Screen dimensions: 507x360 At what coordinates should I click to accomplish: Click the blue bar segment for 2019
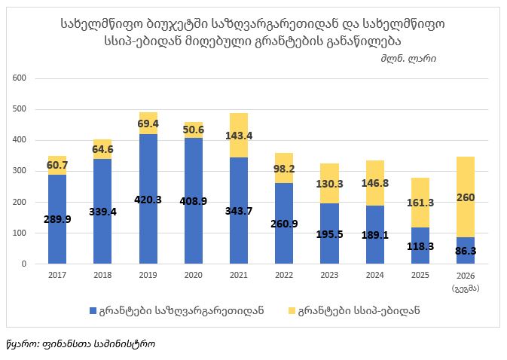(148, 199)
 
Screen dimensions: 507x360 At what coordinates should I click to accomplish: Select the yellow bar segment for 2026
(466, 197)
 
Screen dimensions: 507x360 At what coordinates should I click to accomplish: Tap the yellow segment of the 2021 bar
(239, 135)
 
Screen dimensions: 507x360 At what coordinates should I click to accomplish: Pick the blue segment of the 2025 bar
(420, 246)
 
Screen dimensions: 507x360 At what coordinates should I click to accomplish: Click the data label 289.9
(57, 219)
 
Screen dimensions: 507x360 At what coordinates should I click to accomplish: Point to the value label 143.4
(239, 136)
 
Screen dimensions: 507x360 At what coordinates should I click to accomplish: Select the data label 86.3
(466, 251)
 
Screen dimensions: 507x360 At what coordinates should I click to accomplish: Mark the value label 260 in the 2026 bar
(466, 197)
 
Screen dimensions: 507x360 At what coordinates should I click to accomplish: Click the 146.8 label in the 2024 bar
(374, 183)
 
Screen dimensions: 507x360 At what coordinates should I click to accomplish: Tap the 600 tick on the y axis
(20, 78)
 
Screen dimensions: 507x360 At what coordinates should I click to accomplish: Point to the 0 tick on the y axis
(24, 264)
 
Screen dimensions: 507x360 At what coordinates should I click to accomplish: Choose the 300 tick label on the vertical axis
(20, 171)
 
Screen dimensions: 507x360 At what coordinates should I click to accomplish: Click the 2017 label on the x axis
(57, 275)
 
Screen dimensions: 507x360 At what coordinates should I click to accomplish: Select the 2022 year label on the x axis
(284, 275)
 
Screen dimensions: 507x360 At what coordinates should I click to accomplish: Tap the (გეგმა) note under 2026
(466, 288)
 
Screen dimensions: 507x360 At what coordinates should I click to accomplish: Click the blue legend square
(93, 311)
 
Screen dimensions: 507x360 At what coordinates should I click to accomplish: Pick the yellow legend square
(292, 311)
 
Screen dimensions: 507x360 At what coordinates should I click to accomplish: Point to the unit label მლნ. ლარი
(408, 59)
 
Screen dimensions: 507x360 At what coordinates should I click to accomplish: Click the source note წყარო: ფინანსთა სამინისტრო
(81, 344)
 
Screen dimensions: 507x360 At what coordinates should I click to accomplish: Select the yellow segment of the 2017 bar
(57, 166)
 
